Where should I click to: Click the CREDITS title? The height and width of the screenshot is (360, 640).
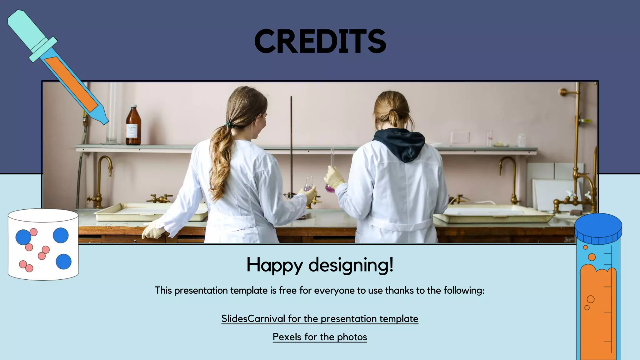pyautogui.click(x=320, y=41)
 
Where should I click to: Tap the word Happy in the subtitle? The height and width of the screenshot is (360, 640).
pyautogui.click(x=274, y=265)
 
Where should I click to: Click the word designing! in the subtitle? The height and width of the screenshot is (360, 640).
pyautogui.click(x=351, y=265)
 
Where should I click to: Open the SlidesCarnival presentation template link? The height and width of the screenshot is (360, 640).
pyautogui.click(x=320, y=318)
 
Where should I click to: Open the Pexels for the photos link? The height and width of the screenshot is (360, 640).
pyautogui.click(x=320, y=337)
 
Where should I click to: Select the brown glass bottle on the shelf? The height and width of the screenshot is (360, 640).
pyautogui.click(x=133, y=127)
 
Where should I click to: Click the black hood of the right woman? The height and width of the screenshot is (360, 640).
pyautogui.click(x=400, y=144)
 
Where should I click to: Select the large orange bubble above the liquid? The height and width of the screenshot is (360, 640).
pyautogui.click(x=592, y=257)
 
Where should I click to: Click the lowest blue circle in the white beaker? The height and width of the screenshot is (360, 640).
pyautogui.click(x=63, y=262)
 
